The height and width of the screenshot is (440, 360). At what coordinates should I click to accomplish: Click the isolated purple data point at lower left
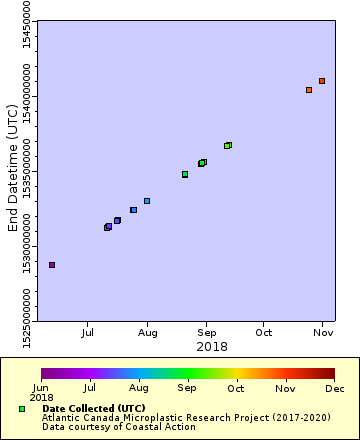52,265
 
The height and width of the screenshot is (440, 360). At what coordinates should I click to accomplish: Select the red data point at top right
322,81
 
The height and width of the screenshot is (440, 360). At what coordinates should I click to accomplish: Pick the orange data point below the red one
309,90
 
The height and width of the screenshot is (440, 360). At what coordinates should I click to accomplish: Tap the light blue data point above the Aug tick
147,201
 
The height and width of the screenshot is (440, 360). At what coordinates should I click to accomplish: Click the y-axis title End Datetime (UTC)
13,172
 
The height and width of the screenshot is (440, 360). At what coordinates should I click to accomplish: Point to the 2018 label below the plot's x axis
211,346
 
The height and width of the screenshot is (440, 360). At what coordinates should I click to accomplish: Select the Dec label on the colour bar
334,387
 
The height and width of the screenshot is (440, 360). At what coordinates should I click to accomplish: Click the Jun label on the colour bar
41,387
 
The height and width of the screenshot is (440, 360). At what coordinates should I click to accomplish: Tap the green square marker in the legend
22,409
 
